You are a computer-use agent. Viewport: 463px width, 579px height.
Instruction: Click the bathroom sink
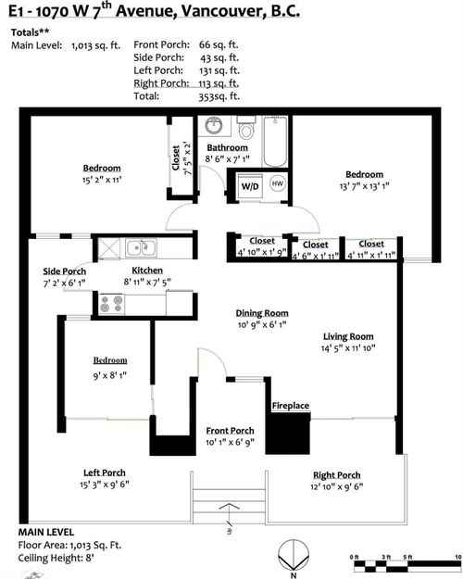tap(214, 125)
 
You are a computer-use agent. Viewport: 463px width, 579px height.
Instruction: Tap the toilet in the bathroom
tap(246, 127)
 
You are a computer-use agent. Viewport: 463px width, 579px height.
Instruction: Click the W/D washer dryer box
tap(250, 186)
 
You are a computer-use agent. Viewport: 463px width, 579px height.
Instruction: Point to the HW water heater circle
tap(277, 183)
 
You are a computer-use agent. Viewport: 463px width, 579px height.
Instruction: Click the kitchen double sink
tap(141, 247)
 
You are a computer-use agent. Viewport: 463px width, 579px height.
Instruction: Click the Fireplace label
tap(291, 406)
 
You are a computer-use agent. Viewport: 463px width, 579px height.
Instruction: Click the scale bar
tap(407, 566)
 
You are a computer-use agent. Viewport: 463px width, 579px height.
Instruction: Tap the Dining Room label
tap(262, 313)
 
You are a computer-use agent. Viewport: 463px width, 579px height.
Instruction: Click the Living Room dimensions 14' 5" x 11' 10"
tap(348, 347)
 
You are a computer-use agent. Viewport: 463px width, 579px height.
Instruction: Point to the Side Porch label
tap(65, 271)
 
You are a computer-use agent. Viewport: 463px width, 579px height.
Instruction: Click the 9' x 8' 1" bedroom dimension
tap(109, 375)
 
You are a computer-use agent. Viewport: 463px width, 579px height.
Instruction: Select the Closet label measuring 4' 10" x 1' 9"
tap(262, 241)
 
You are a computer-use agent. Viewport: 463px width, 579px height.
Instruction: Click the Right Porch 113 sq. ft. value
tap(219, 83)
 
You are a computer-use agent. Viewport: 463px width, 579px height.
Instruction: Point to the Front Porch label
tap(230, 431)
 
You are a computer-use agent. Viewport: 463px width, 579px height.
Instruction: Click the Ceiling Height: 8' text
tap(56, 558)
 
